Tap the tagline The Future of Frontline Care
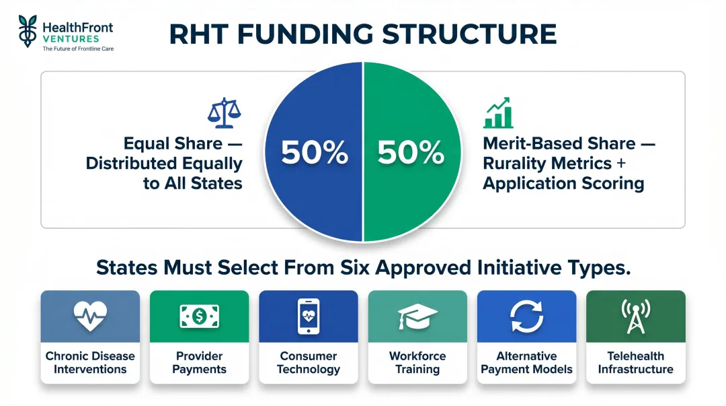[78, 49]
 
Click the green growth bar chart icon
[498, 113]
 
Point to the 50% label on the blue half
[315, 153]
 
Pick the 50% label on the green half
[411, 153]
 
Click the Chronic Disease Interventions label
[90, 362]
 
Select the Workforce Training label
[417, 362]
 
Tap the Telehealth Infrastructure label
[635, 362]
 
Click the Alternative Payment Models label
[526, 362]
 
